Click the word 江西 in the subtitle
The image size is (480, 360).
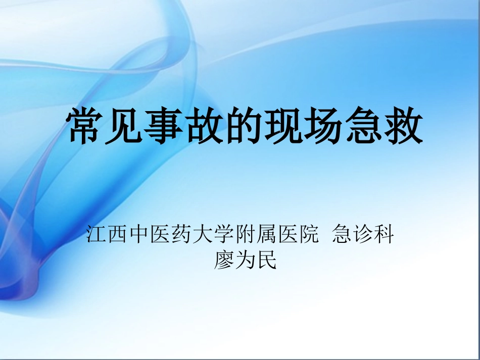pos(107,235)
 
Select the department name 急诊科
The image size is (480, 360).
pos(363,235)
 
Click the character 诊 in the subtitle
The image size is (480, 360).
pos(363,235)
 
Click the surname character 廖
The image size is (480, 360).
pos(224,261)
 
